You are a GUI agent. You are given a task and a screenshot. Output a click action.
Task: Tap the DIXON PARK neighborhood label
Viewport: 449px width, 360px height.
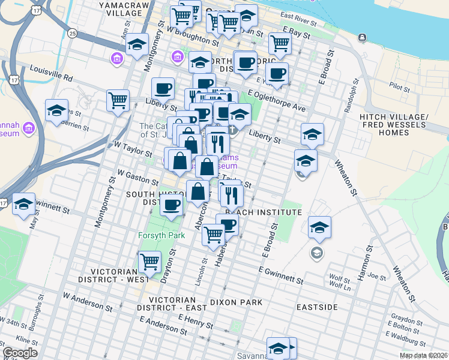[x=237, y=302]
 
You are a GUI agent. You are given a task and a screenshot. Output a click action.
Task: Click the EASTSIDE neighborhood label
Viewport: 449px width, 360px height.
[x=317, y=307]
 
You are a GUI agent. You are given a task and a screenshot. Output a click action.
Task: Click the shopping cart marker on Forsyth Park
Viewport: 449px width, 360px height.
[x=149, y=262]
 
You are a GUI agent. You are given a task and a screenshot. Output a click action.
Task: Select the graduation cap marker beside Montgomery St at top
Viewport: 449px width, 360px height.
[x=137, y=46]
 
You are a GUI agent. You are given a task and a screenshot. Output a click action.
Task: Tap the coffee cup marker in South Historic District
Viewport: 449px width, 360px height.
[x=171, y=205]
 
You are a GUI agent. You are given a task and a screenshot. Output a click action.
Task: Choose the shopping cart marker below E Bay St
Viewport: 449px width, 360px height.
[x=280, y=43]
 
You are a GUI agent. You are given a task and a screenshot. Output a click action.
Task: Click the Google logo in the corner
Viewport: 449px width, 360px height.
[x=20, y=353]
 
